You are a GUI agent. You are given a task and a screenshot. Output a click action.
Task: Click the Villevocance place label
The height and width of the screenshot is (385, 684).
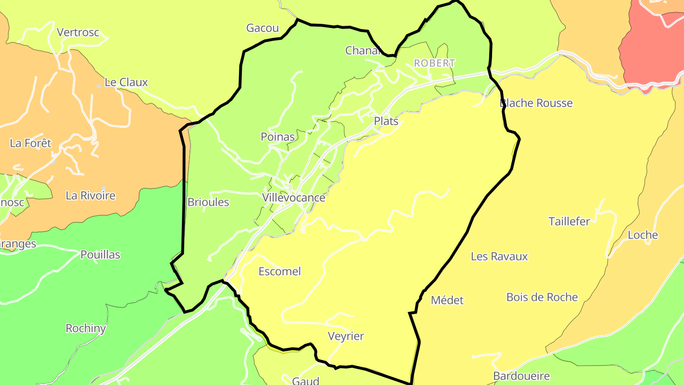click(x=294, y=198)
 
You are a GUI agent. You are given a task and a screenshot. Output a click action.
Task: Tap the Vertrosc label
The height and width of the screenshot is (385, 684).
click(x=78, y=32)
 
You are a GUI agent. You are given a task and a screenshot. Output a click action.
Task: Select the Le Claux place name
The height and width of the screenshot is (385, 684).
click(x=126, y=82)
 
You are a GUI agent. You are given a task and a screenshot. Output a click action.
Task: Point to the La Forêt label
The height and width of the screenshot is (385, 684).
click(x=30, y=143)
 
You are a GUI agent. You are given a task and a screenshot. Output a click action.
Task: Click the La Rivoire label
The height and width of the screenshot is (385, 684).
click(x=90, y=195)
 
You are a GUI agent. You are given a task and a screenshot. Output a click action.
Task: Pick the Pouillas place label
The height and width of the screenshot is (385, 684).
click(x=100, y=255)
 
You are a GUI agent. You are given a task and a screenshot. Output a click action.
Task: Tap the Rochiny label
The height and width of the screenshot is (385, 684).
click(x=85, y=328)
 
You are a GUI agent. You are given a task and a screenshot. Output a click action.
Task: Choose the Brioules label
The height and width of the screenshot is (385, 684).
click(x=208, y=202)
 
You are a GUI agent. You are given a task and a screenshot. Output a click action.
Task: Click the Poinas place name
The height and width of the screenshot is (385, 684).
click(x=277, y=137)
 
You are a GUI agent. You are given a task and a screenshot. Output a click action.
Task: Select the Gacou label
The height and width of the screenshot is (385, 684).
click(x=262, y=28)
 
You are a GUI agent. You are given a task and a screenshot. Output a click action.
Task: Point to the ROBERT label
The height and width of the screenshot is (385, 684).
click(x=435, y=63)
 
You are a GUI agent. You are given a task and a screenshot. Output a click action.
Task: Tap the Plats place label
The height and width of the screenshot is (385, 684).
click(x=386, y=121)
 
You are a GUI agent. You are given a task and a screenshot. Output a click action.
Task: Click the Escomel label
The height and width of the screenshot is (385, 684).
click(x=279, y=271)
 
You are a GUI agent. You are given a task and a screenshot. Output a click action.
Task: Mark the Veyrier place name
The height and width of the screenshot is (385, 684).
click(x=346, y=336)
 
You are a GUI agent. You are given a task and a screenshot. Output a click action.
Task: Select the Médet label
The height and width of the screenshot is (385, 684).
click(x=447, y=300)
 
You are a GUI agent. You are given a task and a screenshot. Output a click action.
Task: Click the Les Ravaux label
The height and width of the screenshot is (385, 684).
click(x=499, y=256)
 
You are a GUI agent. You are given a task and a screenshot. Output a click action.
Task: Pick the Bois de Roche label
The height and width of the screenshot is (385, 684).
click(x=542, y=297)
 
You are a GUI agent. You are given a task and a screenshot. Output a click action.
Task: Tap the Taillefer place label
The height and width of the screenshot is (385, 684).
click(x=569, y=221)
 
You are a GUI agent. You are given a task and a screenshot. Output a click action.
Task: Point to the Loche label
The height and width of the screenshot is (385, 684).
click(x=643, y=235)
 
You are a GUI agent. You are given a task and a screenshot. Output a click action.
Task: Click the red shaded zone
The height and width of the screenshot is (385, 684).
click(x=651, y=48)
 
